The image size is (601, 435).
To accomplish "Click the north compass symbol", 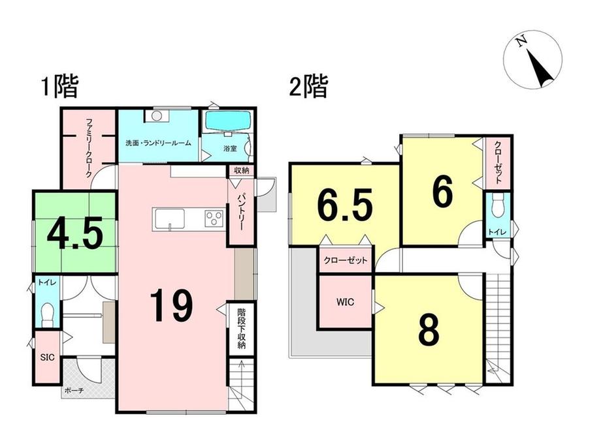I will (537, 62).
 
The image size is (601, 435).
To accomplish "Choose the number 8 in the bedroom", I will (429, 331).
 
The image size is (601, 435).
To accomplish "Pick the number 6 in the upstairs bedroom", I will (442, 191).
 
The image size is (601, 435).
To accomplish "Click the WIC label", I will (346, 302).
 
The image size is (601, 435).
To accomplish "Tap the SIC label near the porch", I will (46, 357).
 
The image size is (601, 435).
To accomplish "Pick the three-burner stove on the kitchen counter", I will (213, 217).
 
